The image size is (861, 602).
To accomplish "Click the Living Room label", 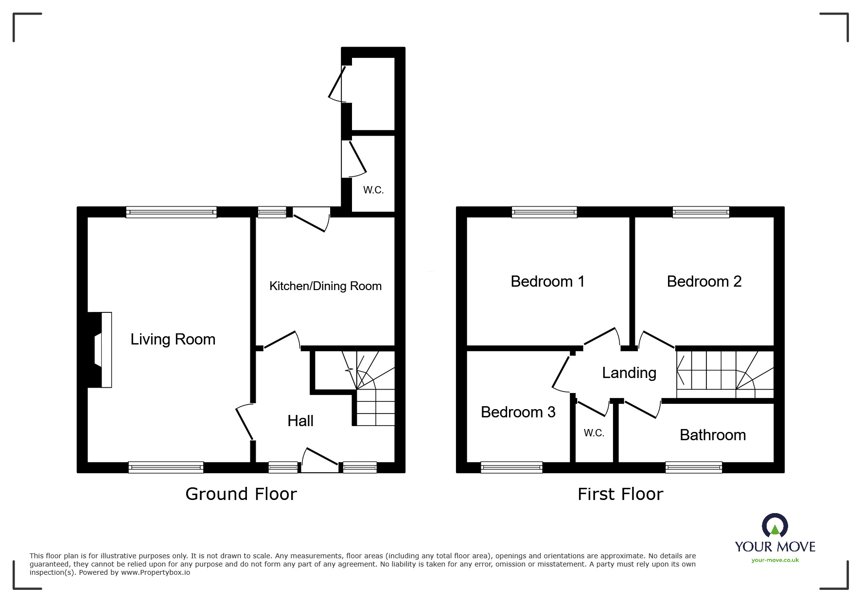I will [173, 339].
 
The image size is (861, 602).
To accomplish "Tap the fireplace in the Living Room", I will [101, 350].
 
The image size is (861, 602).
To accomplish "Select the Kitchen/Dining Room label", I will [325, 286].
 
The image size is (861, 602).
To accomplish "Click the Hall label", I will [300, 421].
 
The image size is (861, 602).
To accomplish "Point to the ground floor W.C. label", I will [373, 190].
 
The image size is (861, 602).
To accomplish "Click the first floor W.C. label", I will [594, 433].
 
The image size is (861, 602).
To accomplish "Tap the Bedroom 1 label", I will [547, 281].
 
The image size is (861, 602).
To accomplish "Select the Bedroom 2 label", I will [704, 281].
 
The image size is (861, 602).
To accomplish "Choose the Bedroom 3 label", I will [518, 412].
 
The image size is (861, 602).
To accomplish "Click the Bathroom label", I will [712, 435].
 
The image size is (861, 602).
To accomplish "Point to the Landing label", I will [629, 373].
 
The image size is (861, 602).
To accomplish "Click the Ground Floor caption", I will [241, 494].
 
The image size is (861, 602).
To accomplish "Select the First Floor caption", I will [620, 494].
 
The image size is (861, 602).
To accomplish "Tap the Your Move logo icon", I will [774, 526].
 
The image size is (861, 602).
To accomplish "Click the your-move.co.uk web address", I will [775, 560].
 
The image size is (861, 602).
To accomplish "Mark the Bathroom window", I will [693, 467].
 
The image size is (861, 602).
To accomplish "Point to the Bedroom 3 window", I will [511, 467].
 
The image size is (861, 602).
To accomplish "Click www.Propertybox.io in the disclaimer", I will [155, 572].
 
